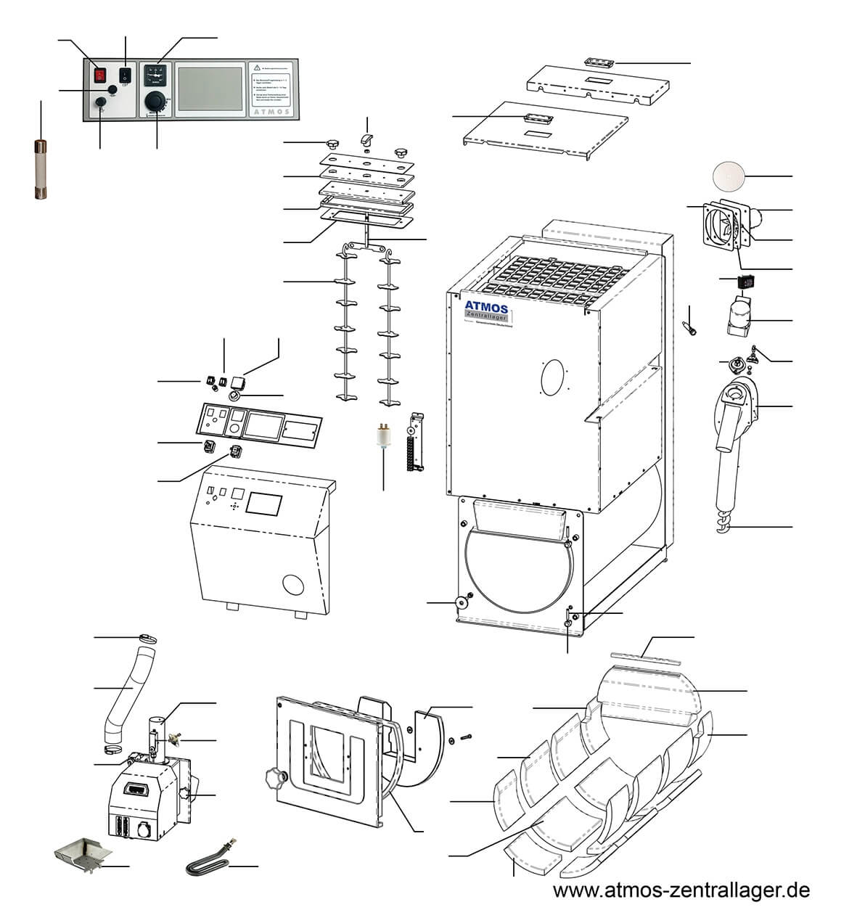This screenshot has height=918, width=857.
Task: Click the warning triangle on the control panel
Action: [x=258, y=67]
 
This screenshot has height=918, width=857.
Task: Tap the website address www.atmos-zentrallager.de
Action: [x=681, y=890]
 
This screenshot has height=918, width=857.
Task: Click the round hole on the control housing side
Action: [x=294, y=585]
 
